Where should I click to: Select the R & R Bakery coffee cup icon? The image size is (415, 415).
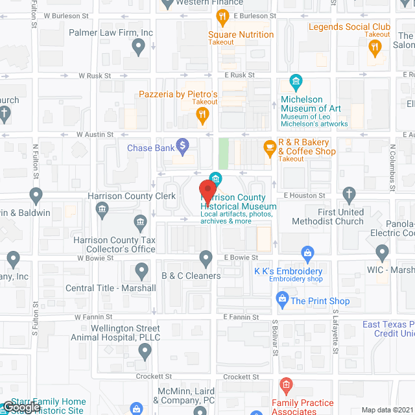click(x=268, y=148)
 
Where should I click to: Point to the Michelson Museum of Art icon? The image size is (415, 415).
click(x=296, y=82)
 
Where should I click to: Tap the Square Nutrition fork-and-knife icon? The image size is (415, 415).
click(x=223, y=16)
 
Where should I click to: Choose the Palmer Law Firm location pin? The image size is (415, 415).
click(x=137, y=46)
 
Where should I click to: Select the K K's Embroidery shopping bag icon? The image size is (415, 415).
click(x=308, y=253)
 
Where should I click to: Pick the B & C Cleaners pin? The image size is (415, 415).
click(x=206, y=259)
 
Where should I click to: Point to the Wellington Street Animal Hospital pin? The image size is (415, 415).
click(x=145, y=351)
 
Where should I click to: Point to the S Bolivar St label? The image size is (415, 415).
click(x=275, y=336)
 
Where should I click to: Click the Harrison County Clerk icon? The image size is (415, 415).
click(x=102, y=209)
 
